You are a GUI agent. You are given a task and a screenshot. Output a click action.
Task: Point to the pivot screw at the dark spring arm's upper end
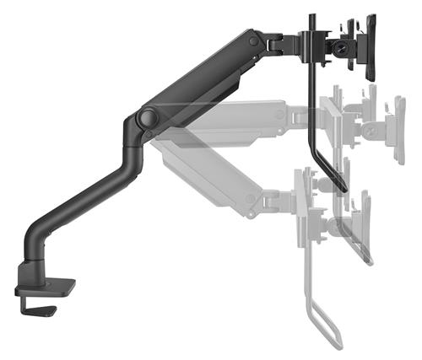[251, 39]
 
